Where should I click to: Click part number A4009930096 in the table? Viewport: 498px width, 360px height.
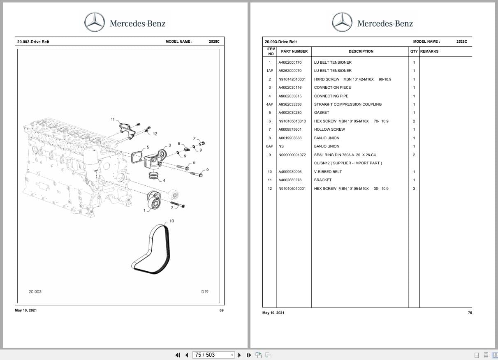[x=290, y=172]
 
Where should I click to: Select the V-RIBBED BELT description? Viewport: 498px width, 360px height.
[x=328, y=172]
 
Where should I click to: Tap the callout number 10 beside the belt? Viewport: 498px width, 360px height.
[x=171, y=221]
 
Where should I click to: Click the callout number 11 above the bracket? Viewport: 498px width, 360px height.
[x=113, y=120]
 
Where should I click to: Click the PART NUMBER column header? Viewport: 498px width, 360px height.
[x=294, y=51]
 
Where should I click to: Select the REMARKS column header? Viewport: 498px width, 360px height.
[x=429, y=51]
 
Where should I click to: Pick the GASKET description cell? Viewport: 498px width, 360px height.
[x=322, y=113]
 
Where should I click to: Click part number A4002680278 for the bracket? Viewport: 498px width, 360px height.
[x=290, y=180]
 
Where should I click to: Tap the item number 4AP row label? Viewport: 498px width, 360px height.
[x=270, y=104]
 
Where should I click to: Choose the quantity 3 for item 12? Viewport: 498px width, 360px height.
[x=414, y=189]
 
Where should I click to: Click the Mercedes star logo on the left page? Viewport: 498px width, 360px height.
[x=95, y=22]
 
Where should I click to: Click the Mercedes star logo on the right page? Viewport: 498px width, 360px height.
[x=342, y=22]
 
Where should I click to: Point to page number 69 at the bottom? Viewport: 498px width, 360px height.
[x=221, y=310]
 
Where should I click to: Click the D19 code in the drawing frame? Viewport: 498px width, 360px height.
[x=205, y=292]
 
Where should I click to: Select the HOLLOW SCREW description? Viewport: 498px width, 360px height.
[x=329, y=129]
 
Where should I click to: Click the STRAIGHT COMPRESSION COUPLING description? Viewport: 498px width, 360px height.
[x=347, y=104]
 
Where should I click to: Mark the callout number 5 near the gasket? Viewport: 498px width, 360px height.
[x=148, y=147]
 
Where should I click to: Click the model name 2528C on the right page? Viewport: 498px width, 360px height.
[x=461, y=42]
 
